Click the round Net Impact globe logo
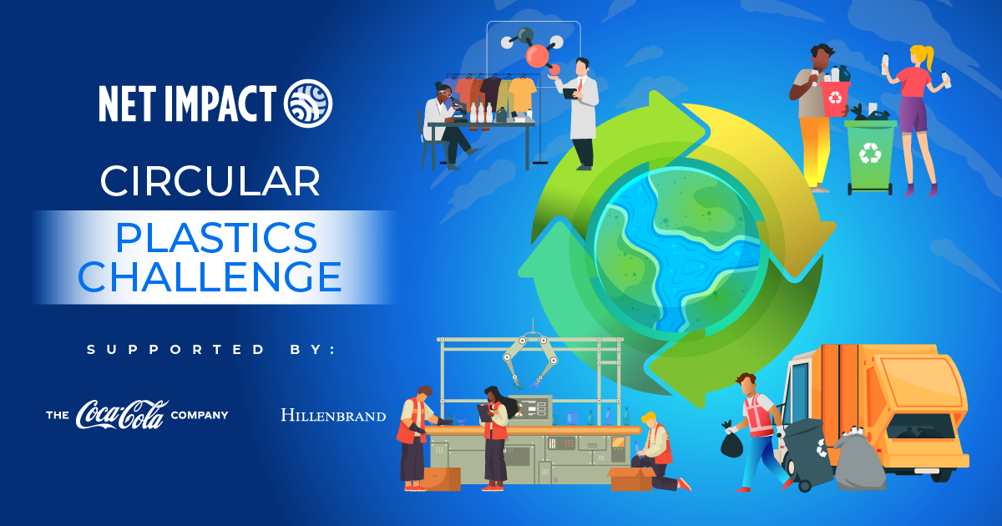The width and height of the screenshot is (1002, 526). tap(308, 104)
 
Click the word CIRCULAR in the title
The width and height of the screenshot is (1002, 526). tap(210, 181)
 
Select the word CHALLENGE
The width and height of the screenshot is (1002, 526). tap(210, 276)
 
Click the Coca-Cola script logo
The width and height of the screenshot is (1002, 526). tap(122, 415)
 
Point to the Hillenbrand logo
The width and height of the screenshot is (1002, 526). tap(333, 415)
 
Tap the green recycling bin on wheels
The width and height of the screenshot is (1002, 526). tap(870, 157)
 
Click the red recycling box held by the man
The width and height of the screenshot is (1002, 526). tap(835, 99)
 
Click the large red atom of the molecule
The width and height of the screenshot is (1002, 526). tap(537, 57)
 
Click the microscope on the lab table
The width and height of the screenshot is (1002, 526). tap(458, 109)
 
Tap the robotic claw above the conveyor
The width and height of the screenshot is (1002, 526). tap(530, 362)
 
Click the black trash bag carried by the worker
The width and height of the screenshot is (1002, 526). tap(731, 443)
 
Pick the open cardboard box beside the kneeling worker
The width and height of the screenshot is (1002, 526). tap(631, 478)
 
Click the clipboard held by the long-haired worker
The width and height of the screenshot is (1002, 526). tap(484, 412)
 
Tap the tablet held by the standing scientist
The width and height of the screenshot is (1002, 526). tap(569, 94)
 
